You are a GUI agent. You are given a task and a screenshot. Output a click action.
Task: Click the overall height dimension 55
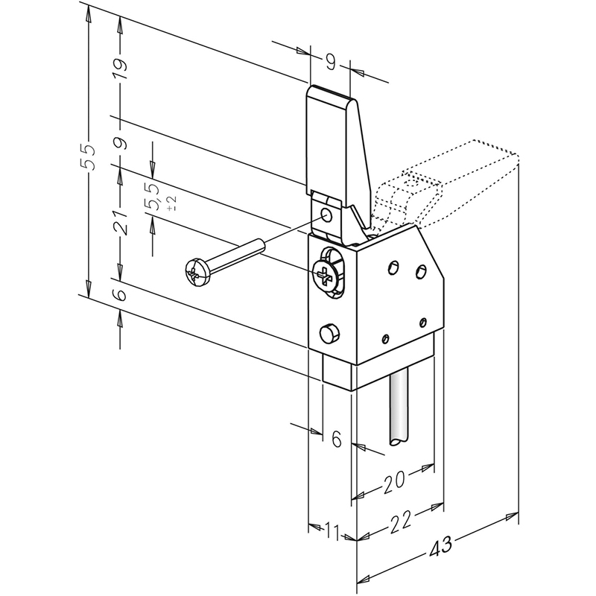pyautogui.click(x=87, y=157)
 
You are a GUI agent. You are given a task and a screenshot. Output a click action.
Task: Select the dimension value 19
pyautogui.click(x=121, y=69)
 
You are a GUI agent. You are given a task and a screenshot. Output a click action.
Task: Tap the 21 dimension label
pyautogui.click(x=121, y=221)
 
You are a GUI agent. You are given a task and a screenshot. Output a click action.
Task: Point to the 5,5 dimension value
pyautogui.click(x=152, y=196)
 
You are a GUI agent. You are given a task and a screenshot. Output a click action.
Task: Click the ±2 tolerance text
pyautogui.click(x=171, y=203)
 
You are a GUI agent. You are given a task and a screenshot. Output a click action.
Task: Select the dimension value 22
pyautogui.click(x=400, y=522)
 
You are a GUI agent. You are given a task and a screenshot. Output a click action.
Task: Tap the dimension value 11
pyautogui.click(x=333, y=531)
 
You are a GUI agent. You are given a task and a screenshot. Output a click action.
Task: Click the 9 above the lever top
pyautogui.click(x=331, y=62)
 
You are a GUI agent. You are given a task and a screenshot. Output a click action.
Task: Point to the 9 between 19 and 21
pyautogui.click(x=121, y=143)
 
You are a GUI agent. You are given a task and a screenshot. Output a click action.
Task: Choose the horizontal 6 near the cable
pyautogui.click(x=337, y=439)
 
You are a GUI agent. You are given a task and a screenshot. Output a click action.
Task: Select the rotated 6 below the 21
pyautogui.click(x=121, y=294)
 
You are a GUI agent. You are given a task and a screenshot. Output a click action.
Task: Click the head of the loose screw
pyautogui.click(x=197, y=272)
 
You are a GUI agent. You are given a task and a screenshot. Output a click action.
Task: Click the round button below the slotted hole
pyautogui.click(x=329, y=334)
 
